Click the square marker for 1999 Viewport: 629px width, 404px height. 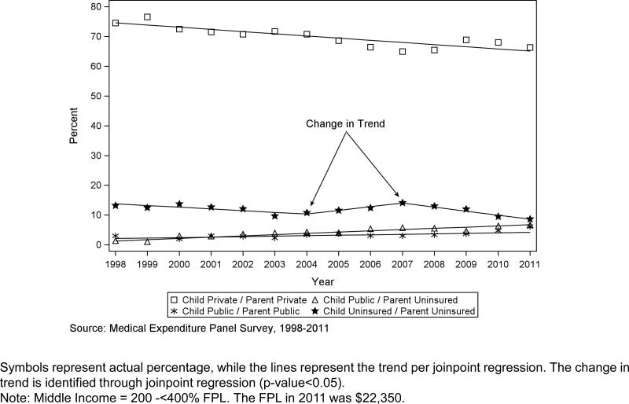pyautogui.click(x=147, y=17)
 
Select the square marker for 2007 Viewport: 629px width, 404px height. pyautogui.click(x=403, y=51)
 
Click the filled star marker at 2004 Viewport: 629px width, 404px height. pyautogui.click(x=307, y=213)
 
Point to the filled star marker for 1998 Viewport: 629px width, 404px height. pyautogui.click(x=116, y=205)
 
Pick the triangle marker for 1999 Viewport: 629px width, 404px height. pyautogui.click(x=147, y=241)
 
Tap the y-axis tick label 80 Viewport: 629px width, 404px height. pyautogui.click(x=95, y=6)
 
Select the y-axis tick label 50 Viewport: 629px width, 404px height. pyautogui.click(x=95, y=96)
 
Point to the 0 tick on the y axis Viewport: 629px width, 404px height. pyautogui.click(x=98, y=245)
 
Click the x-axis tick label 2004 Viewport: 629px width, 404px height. pyautogui.click(x=307, y=264)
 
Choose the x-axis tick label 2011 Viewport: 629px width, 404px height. pyautogui.click(x=530, y=264)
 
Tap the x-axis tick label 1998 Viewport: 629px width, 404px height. pyautogui.click(x=116, y=264)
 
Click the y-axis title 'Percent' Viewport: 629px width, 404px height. pyautogui.click(x=73, y=126)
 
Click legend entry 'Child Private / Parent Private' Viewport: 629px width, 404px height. pyautogui.click(x=239, y=299)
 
